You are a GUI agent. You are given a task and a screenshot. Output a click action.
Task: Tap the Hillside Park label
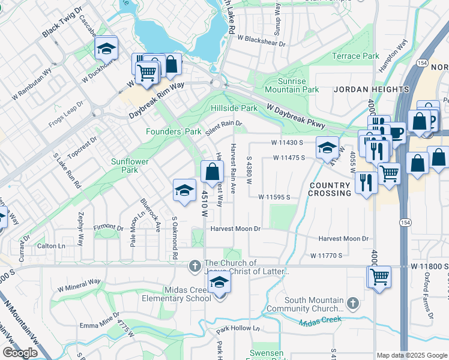click(234, 108)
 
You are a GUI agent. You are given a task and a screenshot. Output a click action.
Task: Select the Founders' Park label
click(173, 131)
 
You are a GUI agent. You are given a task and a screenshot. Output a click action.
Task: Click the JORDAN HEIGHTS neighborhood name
click(370, 89)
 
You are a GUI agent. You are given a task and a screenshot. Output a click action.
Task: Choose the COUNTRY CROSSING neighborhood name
click(330, 189)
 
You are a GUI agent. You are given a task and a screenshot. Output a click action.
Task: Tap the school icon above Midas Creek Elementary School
click(220, 283)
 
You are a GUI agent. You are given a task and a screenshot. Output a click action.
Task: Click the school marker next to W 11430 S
click(327, 146)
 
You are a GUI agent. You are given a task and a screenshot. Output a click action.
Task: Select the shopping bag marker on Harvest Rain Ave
click(212, 172)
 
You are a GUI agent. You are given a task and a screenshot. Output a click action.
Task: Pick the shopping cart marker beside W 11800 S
click(379, 277)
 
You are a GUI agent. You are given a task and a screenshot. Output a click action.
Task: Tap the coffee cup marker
click(397, 131)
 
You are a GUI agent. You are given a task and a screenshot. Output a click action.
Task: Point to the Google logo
click(20, 353)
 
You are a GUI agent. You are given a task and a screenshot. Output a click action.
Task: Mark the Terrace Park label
click(356, 56)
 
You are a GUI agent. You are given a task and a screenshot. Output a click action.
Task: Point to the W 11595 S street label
click(274, 197)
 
